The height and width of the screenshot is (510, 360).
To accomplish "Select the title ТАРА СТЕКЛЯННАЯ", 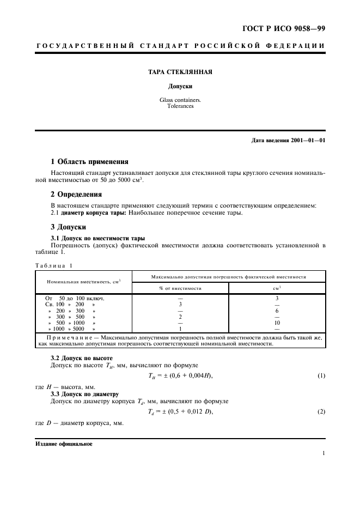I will click(180, 72).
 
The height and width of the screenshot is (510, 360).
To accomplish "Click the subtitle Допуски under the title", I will click(180, 87).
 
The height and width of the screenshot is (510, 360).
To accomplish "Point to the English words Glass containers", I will click(180, 100).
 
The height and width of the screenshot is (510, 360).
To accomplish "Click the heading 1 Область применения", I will click(89, 162).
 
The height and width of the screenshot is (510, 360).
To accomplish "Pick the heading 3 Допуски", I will click(68, 227).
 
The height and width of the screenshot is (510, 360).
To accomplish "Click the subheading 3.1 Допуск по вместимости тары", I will click(97, 238).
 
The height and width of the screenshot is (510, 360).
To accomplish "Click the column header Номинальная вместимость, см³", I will click(83, 282).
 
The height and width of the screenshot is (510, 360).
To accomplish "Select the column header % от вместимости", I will click(180, 288).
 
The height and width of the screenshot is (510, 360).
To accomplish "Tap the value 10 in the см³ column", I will click(277, 323).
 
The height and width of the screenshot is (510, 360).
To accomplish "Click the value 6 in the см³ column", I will click(277, 311).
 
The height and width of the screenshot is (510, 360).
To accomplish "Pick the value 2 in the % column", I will click(180, 317).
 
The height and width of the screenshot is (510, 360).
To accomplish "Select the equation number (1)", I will click(321, 376).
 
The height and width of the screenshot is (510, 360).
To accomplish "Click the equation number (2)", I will click(321, 411).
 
